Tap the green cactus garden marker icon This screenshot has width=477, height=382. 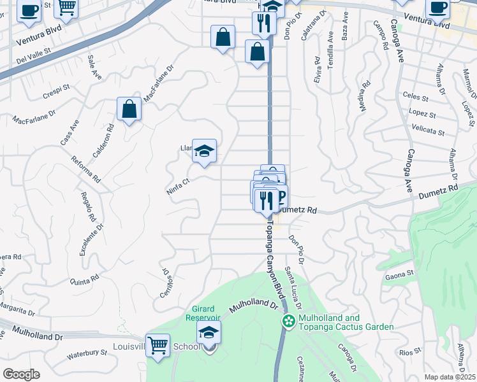[288, 322]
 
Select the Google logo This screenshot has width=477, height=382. [21, 374]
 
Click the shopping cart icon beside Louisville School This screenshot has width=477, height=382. [158, 346]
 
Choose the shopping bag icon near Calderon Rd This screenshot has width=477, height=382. [129, 109]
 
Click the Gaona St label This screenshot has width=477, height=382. [400, 276]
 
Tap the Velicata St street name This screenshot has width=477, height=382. [429, 132]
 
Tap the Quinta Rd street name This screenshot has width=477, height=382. [85, 279]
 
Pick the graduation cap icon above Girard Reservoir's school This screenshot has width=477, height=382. [208, 332]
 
